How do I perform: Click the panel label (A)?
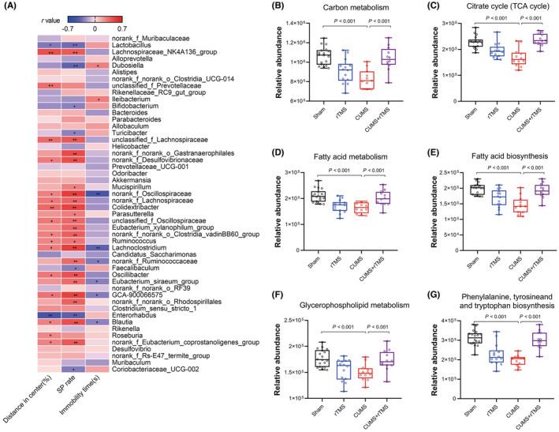point(9,8)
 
